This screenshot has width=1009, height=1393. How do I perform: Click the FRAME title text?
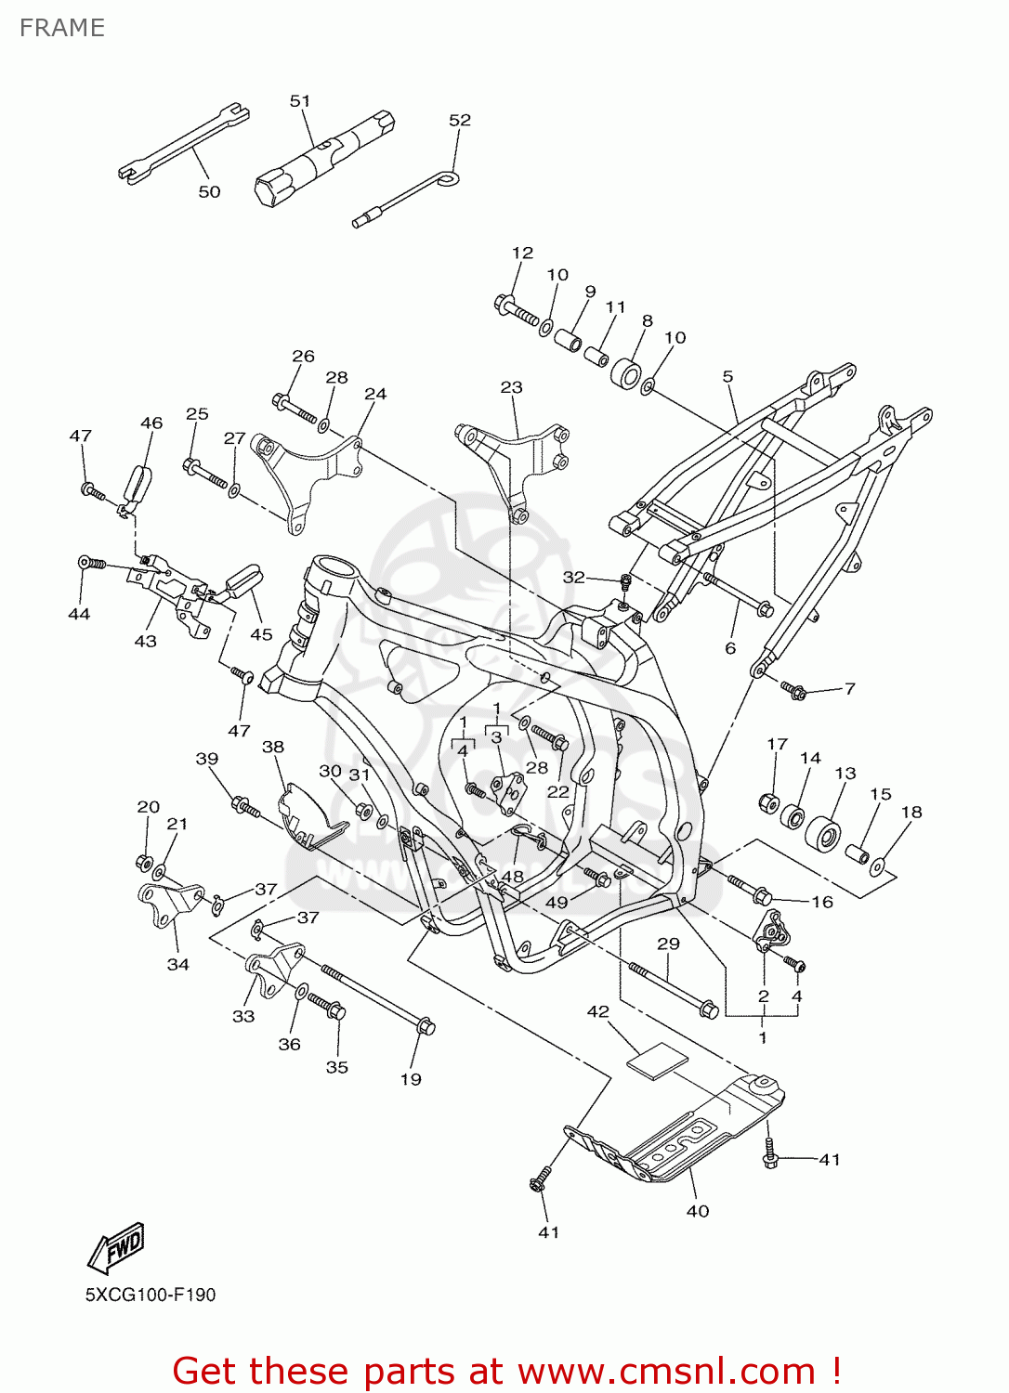[x=61, y=28]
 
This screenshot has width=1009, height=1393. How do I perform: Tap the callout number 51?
[x=299, y=100]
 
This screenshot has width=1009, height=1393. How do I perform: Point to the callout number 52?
[x=459, y=120]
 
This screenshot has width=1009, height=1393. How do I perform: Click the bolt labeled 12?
[x=515, y=310]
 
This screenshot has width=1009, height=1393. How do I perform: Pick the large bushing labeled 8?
[x=626, y=374]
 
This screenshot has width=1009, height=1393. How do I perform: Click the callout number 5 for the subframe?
[x=727, y=376]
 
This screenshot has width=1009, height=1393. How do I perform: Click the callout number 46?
[x=151, y=423]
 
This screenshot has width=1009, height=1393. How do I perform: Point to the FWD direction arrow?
[x=117, y=1247]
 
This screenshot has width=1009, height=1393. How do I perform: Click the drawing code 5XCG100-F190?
[x=151, y=1295]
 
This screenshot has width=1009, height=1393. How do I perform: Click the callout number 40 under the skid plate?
[x=697, y=1211]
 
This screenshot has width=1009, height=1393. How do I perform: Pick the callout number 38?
[x=272, y=747]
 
